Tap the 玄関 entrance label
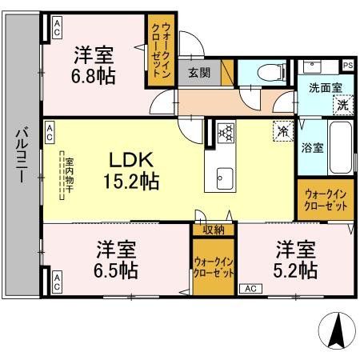(x=199, y=72)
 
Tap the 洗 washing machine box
(x=342, y=105)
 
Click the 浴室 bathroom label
(x=312, y=148)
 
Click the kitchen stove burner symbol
(x=226, y=131)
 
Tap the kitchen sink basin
(x=222, y=177)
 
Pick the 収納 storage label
(x=212, y=230)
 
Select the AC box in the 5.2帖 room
(x=248, y=288)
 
